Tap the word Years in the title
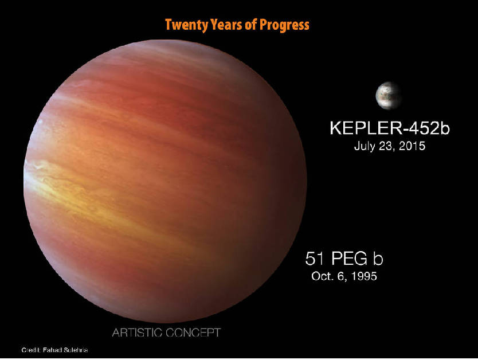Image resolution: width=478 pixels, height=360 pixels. [x=221, y=25]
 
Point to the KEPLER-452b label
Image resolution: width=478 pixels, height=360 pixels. [x=389, y=128]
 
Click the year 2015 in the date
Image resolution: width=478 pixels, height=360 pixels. [x=411, y=146]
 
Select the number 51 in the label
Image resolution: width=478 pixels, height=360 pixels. [x=315, y=259]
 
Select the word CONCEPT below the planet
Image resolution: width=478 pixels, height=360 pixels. [x=196, y=332]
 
